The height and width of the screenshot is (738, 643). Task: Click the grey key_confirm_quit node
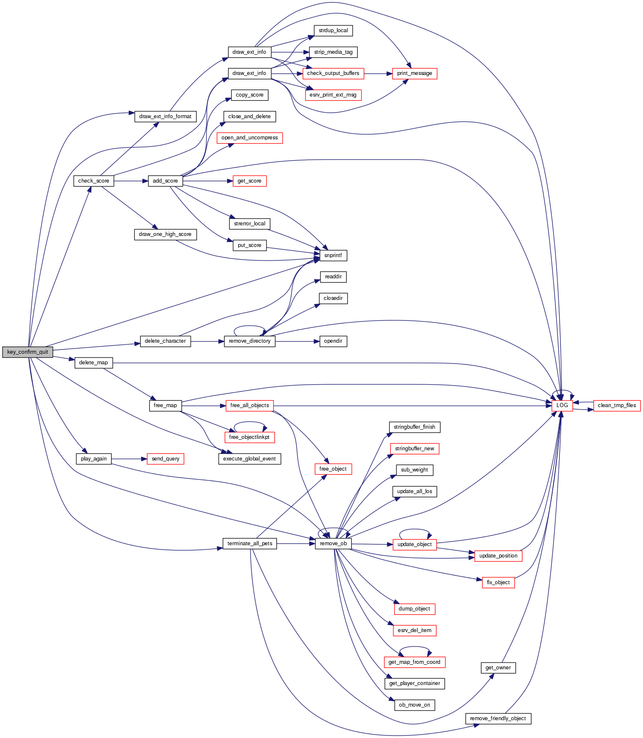pyautogui.click(x=28, y=352)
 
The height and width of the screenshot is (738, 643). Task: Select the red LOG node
pyautogui.click(x=562, y=405)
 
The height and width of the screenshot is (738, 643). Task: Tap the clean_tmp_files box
pyautogui.click(x=617, y=405)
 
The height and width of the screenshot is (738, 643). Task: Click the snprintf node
pyautogui.click(x=333, y=255)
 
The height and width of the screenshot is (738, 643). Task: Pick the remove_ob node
pyautogui.click(x=333, y=544)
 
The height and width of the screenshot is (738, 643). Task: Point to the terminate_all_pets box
pyautogui.click(x=250, y=544)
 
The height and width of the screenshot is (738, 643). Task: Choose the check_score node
pyautogui.click(x=94, y=181)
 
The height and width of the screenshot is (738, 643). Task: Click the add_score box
pyautogui.click(x=165, y=181)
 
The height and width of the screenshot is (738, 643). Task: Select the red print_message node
pyautogui.click(x=415, y=73)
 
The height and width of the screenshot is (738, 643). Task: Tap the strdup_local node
pyautogui.click(x=333, y=31)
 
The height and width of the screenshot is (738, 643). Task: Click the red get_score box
pyautogui.click(x=249, y=181)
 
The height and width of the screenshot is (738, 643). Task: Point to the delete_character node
pyautogui.click(x=165, y=341)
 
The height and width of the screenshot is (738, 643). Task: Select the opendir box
pyautogui.click(x=333, y=341)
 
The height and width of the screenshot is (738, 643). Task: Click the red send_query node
pyautogui.click(x=165, y=459)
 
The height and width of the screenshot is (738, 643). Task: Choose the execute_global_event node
pyautogui.click(x=249, y=459)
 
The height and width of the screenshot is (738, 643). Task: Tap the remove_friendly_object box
pyautogui.click(x=498, y=719)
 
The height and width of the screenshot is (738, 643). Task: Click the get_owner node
pyautogui.click(x=498, y=668)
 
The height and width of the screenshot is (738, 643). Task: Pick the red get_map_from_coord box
pyautogui.click(x=414, y=662)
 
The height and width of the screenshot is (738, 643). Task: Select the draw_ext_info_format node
pyautogui.click(x=165, y=117)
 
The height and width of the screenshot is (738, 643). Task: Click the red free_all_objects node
pyautogui.click(x=249, y=405)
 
